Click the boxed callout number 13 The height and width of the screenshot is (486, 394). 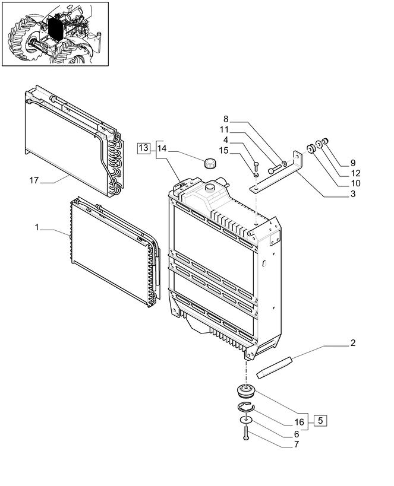(143, 148)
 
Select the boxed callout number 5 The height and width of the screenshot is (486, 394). (320, 421)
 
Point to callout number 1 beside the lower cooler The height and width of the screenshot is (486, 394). (37, 228)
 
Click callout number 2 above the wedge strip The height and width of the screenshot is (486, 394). (353, 343)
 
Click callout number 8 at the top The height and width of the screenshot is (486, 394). (226, 119)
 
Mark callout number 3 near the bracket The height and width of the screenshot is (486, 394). (352, 193)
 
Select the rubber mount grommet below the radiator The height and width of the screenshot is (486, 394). (245, 392)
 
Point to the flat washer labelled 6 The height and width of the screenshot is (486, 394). (246, 420)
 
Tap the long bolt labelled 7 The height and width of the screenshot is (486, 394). (246, 436)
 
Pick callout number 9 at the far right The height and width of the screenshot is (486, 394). (352, 162)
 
